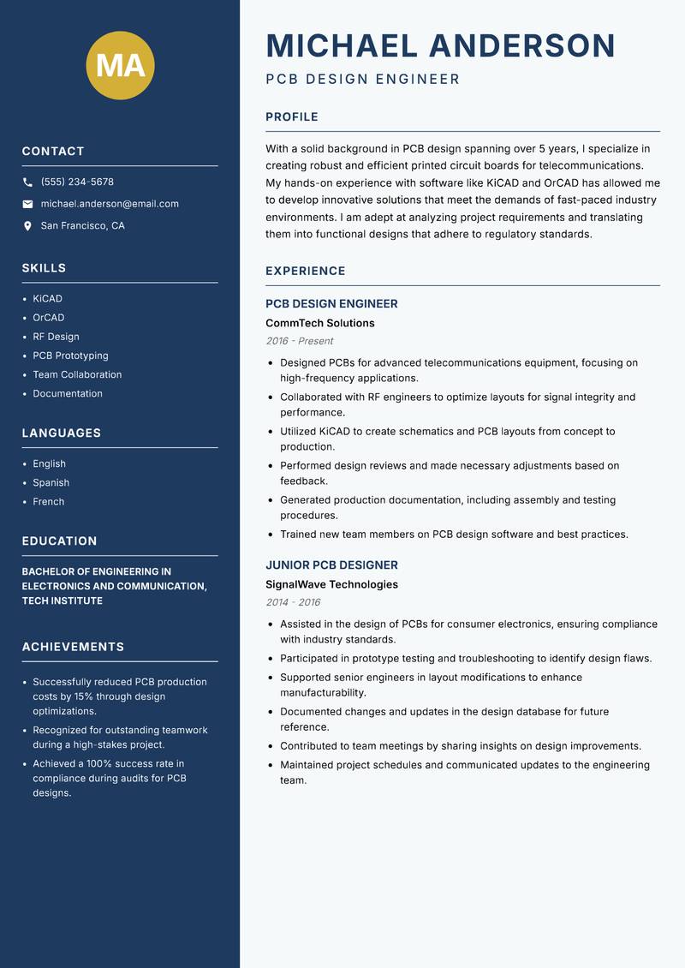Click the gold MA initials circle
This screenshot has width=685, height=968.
(121, 65)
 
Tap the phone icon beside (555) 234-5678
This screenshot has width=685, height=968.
(27, 182)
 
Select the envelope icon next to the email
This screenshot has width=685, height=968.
(27, 204)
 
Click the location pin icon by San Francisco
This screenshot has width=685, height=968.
(27, 226)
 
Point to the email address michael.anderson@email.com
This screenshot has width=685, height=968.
(110, 204)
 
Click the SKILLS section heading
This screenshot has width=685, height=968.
(44, 268)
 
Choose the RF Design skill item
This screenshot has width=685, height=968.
(56, 337)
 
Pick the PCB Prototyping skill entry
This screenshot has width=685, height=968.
(70, 356)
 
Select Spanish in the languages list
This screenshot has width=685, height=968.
(51, 483)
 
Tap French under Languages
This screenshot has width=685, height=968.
(48, 502)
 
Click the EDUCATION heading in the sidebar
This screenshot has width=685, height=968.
(59, 541)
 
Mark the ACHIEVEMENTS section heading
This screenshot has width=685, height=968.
(73, 647)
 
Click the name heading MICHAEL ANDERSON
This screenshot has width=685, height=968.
(440, 45)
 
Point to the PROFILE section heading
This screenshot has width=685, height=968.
(291, 117)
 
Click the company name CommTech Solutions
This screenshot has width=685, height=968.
(319, 324)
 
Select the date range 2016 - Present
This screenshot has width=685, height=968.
(299, 341)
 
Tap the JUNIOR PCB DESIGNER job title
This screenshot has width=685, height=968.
(331, 565)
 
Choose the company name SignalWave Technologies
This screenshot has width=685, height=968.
(331, 585)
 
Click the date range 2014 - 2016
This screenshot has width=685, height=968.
(293, 602)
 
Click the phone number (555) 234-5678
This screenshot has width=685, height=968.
(77, 182)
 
